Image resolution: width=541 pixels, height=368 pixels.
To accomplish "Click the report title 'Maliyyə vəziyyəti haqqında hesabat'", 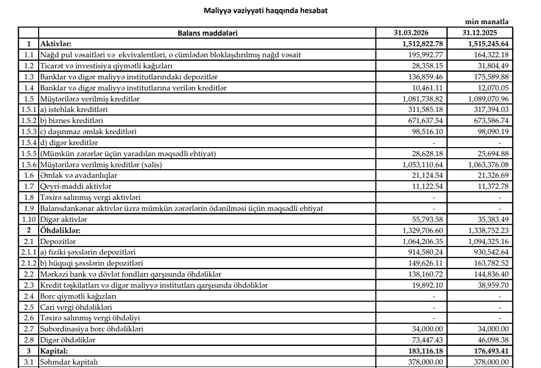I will point(266,10).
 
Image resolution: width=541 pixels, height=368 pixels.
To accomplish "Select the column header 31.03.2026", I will point(411,33).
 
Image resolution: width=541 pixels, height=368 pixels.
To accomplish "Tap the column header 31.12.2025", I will point(485,33).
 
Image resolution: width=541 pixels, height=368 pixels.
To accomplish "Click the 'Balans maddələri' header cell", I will point(207,33).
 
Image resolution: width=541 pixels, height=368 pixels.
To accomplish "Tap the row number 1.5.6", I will point(29,164).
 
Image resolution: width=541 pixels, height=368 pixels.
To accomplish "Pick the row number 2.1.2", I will point(29,263).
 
